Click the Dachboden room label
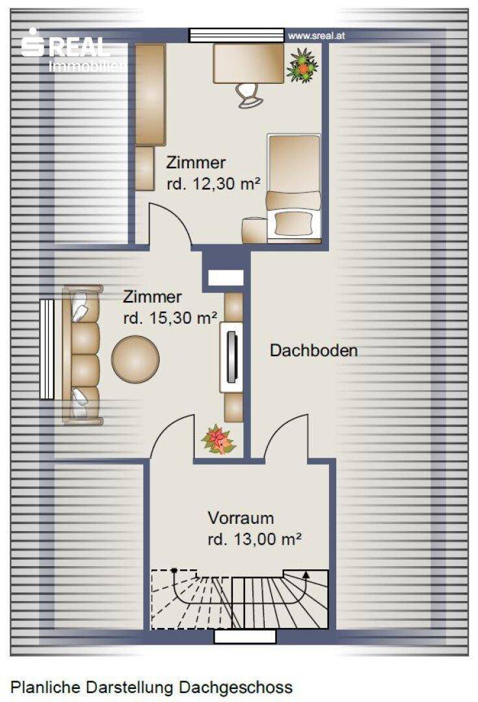(x=313, y=350)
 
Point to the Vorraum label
(x=241, y=518)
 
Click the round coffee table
(x=135, y=359)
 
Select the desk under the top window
(x=248, y=63)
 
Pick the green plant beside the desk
(x=302, y=66)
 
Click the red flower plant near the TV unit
(x=219, y=439)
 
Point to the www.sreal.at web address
(x=317, y=36)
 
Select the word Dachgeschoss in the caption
(x=235, y=687)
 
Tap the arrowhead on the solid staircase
(x=306, y=575)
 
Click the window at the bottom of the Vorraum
(x=245, y=636)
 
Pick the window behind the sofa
(x=47, y=349)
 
